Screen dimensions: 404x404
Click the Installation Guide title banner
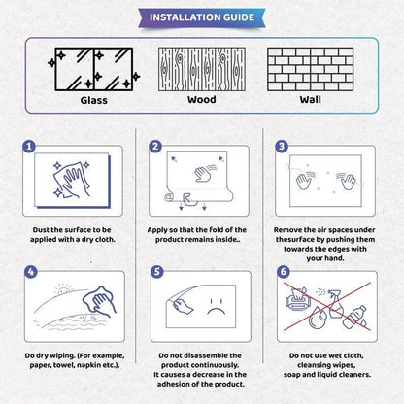pyautogui.click(x=201, y=17)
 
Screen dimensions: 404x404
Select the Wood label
pyautogui.click(x=202, y=99)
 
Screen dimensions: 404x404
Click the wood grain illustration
pyautogui.click(x=202, y=66)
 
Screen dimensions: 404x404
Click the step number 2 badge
pyautogui.click(x=154, y=149)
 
